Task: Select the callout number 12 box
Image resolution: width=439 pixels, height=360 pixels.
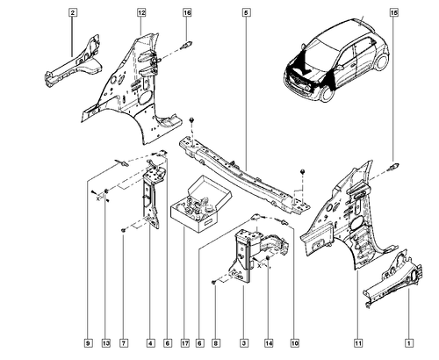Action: tap(141, 12)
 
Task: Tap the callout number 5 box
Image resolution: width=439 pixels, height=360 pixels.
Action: tap(246, 12)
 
